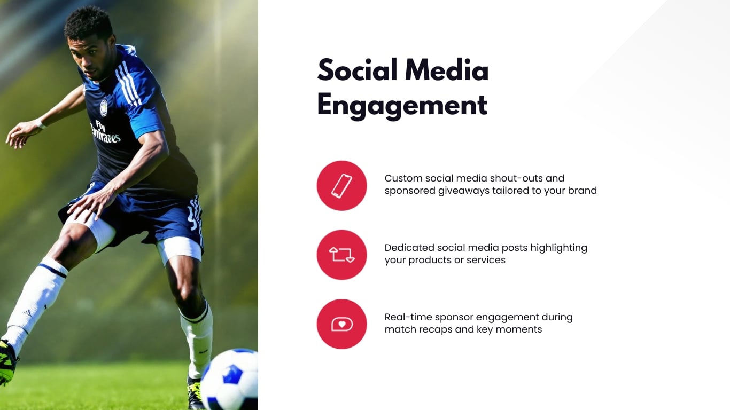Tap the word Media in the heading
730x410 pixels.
click(446, 70)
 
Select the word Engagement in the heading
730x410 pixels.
click(402, 105)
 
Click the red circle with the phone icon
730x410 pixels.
click(341, 186)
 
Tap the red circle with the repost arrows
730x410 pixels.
click(341, 255)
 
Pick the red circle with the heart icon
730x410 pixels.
click(341, 324)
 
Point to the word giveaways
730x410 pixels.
click(463, 191)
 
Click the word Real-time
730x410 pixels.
click(408, 317)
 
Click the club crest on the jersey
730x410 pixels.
click(103, 108)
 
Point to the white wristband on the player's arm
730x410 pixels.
click(40, 124)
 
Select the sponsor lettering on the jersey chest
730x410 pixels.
click(106, 132)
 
